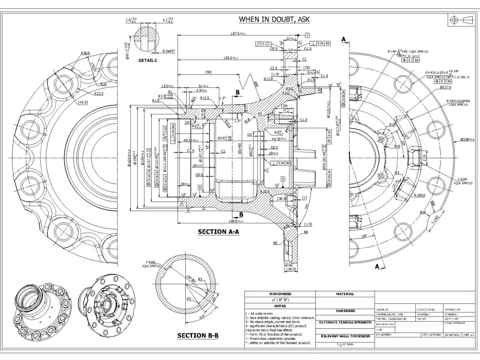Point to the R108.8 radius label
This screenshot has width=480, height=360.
point(419,195)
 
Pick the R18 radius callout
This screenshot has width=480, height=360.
point(423,212)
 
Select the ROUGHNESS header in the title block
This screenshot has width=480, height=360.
point(280,294)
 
